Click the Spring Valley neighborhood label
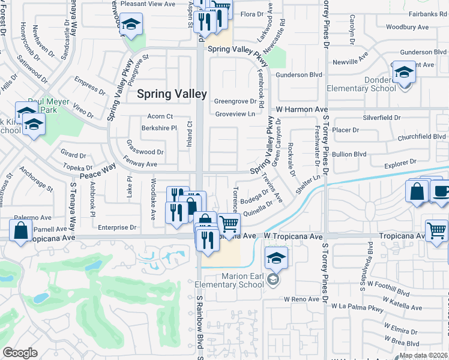tap(172, 94)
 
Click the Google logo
tap(19, 353)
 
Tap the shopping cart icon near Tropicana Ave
tap(229, 224)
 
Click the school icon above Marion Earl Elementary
tap(276, 258)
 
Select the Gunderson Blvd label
tap(299, 74)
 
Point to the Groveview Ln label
tap(235, 113)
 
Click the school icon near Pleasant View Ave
tap(130, 25)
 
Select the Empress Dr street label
tap(90, 87)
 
